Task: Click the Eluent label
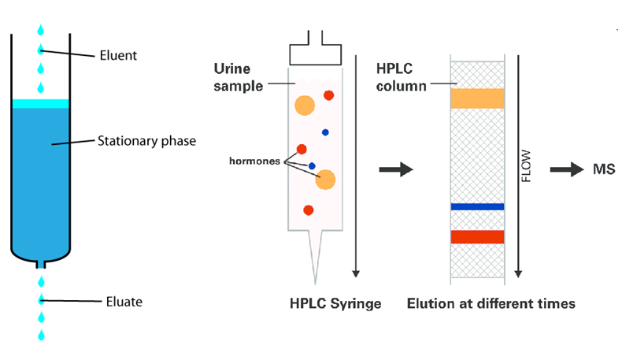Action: point(118,55)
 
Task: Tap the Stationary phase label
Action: point(146,142)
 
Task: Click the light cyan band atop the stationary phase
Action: point(40,103)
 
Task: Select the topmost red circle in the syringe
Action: point(328,95)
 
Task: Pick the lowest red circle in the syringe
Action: point(309,210)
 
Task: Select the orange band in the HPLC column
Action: point(476,98)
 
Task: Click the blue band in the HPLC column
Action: point(476,206)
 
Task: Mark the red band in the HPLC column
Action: point(476,236)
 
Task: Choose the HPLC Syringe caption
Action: point(335,303)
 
